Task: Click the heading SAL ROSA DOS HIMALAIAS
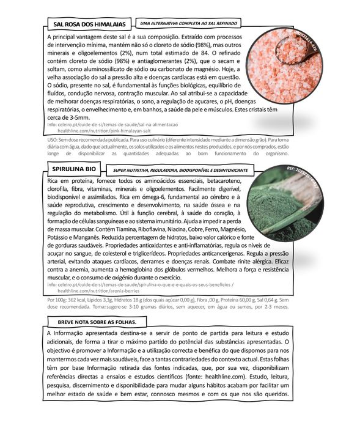90,24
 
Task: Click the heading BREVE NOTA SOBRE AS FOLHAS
93,321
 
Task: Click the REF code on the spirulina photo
306,172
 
